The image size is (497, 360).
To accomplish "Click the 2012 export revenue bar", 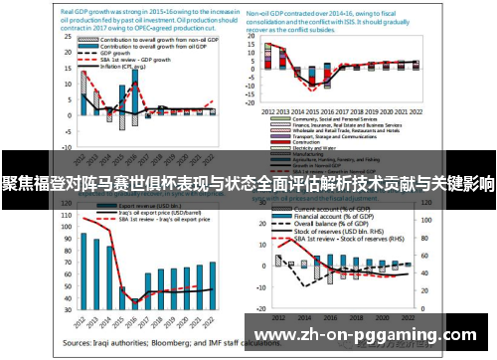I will (x=84, y=269).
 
